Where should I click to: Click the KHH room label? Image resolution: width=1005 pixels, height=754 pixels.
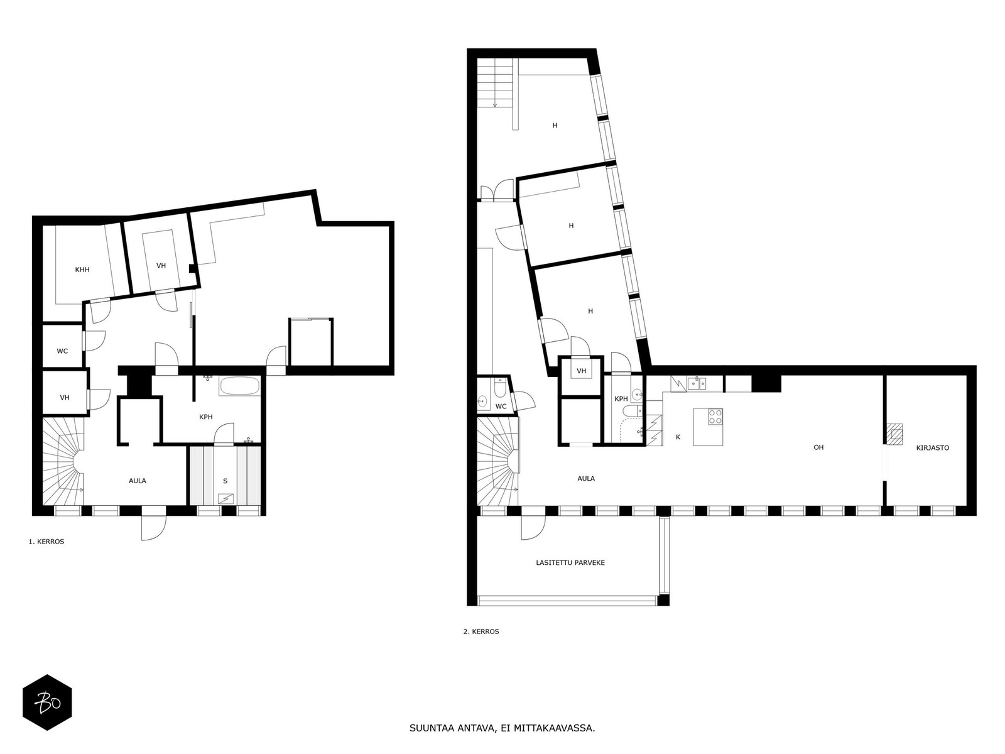[x=82, y=270]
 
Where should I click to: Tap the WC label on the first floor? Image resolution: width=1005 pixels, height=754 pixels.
[x=62, y=351]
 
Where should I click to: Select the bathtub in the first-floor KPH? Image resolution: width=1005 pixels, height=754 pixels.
[x=239, y=386]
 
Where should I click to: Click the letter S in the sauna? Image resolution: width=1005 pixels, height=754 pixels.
[x=225, y=481]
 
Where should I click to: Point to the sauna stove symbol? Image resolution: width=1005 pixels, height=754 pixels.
[x=225, y=498]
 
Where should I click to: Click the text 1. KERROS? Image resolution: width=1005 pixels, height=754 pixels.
[x=46, y=542]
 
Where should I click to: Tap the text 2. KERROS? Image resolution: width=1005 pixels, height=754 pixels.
[x=481, y=631]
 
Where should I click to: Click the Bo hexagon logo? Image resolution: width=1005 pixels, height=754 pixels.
[x=47, y=702]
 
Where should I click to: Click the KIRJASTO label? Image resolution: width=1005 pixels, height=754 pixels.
[x=933, y=448]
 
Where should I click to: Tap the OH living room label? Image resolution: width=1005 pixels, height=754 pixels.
[x=818, y=447]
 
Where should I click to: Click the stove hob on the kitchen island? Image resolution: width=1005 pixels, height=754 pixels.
[x=715, y=417]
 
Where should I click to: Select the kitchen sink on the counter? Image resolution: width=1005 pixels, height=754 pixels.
[x=697, y=383]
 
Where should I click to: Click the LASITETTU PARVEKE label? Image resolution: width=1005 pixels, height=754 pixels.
[x=570, y=562]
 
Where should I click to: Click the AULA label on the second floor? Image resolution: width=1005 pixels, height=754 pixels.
[x=586, y=478]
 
